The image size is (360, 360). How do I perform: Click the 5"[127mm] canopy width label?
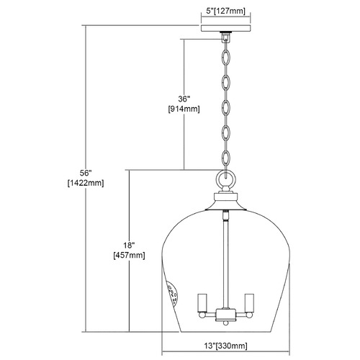coord(225,11)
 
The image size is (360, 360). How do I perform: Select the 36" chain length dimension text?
coord(184,99)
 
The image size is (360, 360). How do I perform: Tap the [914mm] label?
coord(184,109)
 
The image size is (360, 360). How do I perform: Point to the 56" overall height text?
coord(86,173)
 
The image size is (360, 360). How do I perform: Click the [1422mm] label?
coord(86,183)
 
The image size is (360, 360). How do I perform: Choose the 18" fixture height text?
coord(129,245)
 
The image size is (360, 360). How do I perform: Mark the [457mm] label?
coord(129,256)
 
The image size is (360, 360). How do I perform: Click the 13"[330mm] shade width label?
coord(225,346)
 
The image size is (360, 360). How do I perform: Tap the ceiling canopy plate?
coord(225,28)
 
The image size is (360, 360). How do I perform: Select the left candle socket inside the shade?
coord(202,303)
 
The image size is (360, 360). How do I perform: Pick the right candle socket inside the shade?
coord(249,303)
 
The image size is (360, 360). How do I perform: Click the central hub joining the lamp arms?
coord(225,315)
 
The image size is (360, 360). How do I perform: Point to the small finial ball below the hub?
coord(225,323)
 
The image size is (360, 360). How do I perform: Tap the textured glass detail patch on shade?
coord(173,293)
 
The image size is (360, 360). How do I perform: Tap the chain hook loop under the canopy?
coord(225,37)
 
